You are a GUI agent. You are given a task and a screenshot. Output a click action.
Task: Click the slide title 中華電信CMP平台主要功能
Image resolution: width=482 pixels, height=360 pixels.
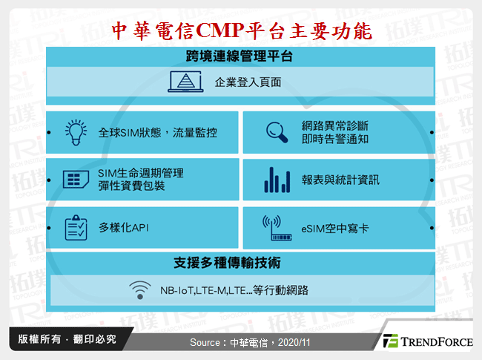pos(240,30)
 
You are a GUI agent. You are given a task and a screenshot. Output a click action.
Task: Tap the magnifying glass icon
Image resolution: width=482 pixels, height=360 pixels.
pos(277,132)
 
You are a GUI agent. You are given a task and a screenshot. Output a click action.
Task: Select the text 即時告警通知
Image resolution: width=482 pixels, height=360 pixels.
pos(337,140)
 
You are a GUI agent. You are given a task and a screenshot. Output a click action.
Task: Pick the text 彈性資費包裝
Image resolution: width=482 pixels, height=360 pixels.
pos(131,186)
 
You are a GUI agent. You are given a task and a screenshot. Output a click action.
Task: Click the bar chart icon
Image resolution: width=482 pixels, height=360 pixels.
pos(277,179)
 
